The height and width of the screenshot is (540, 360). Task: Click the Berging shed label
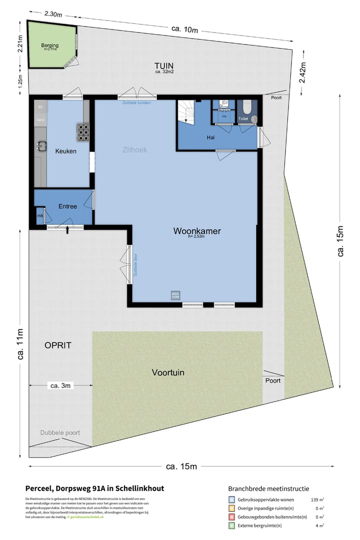[49, 45]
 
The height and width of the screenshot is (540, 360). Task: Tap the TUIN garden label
[164, 65]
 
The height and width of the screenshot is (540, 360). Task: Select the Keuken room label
[65, 151]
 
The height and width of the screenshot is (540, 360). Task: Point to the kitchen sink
[41, 146]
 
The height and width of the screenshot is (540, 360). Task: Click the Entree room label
[68, 206]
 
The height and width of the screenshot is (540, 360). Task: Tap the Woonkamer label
[197, 231]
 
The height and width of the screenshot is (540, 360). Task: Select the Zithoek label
[135, 149]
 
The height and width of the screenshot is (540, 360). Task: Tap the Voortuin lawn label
[168, 372]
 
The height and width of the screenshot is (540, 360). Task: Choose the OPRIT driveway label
[58, 345]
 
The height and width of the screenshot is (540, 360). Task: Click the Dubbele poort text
[60, 433]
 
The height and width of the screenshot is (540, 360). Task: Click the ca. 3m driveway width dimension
[60, 385]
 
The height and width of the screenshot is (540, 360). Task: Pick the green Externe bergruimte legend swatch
[231, 525]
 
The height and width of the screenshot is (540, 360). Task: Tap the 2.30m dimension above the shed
[52, 14]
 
